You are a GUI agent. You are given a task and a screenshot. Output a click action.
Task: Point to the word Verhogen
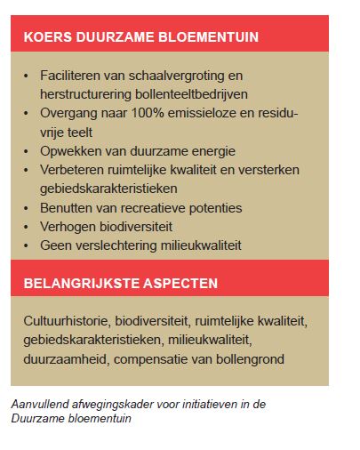(68, 227)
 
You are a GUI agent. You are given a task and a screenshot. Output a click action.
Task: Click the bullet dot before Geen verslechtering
(27, 245)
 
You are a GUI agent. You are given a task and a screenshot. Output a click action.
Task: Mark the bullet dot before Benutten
(27, 208)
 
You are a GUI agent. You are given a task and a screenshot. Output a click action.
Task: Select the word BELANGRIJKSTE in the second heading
(77, 284)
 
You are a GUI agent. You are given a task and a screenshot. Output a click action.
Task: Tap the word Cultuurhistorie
(68, 322)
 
